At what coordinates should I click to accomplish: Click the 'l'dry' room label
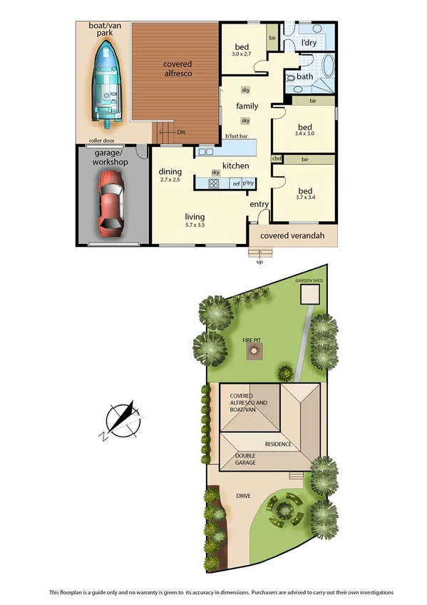pyautogui.click(x=309, y=43)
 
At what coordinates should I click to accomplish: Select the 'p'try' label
pyautogui.click(x=249, y=183)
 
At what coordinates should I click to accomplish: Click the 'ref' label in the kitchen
pyautogui.click(x=236, y=183)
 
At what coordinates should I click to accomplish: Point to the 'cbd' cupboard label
pyautogui.click(x=277, y=158)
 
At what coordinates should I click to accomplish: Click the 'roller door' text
pyautogui.click(x=103, y=141)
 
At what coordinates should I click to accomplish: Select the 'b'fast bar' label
pyautogui.click(x=236, y=136)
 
